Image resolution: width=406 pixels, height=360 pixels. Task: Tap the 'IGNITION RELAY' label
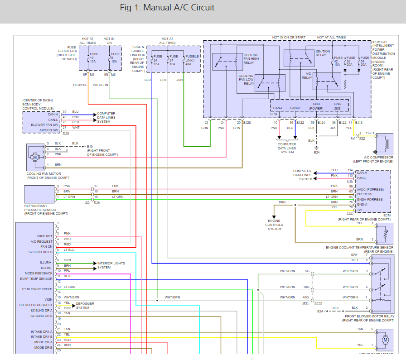323,53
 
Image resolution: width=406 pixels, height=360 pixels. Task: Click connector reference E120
246,122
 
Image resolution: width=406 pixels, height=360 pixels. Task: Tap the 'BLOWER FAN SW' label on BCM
44,125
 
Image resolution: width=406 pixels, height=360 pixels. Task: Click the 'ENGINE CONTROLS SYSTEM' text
274,225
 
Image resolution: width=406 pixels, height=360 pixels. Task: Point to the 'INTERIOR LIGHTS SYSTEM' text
111,265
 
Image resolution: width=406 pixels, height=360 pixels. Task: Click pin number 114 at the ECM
350,170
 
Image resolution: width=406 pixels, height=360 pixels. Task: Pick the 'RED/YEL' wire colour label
80,85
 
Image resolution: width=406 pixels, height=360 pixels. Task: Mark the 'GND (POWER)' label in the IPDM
316,106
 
